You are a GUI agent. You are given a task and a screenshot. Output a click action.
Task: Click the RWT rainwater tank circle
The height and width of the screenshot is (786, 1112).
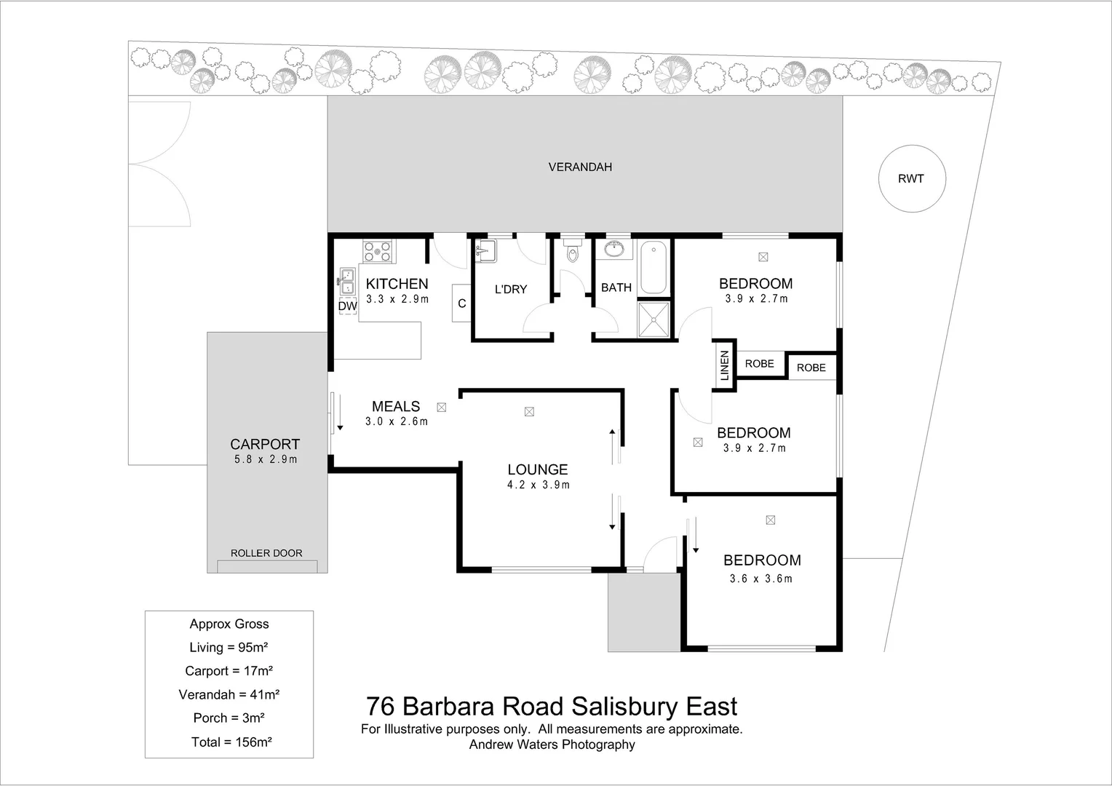[x=911, y=179]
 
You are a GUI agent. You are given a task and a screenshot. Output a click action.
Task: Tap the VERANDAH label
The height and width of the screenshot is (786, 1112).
[x=580, y=167]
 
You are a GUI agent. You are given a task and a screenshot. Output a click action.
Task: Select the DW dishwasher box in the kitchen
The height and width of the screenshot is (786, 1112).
[x=347, y=306]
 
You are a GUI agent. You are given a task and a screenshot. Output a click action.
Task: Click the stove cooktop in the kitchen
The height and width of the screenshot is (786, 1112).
[x=378, y=252]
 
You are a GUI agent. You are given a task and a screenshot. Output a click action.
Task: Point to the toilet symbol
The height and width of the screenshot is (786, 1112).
[x=573, y=252]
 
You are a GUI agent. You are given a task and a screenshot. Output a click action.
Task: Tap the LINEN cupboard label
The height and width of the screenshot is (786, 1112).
[x=724, y=365]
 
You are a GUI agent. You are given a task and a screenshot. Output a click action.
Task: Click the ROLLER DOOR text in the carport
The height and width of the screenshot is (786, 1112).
[x=266, y=553]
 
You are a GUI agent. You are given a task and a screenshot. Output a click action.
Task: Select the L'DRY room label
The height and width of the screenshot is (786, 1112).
[x=510, y=290]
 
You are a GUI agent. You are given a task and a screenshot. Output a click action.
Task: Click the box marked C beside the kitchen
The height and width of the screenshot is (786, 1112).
[x=461, y=303]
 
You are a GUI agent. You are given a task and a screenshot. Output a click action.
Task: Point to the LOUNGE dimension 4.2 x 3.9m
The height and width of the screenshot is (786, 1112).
[x=538, y=485]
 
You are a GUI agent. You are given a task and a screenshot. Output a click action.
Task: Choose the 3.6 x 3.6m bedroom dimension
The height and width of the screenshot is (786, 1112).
[x=761, y=579]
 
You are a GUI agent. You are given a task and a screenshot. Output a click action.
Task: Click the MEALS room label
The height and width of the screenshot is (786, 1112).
[x=396, y=406]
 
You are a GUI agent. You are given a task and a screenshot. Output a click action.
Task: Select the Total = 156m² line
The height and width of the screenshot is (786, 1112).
[x=229, y=742]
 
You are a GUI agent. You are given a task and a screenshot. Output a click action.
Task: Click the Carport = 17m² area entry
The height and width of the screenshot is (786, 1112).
[x=229, y=671]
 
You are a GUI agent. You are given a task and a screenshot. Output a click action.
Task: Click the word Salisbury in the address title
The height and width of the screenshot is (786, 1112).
[x=624, y=707]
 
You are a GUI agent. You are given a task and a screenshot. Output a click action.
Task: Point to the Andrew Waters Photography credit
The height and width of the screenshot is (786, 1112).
[x=552, y=745]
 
